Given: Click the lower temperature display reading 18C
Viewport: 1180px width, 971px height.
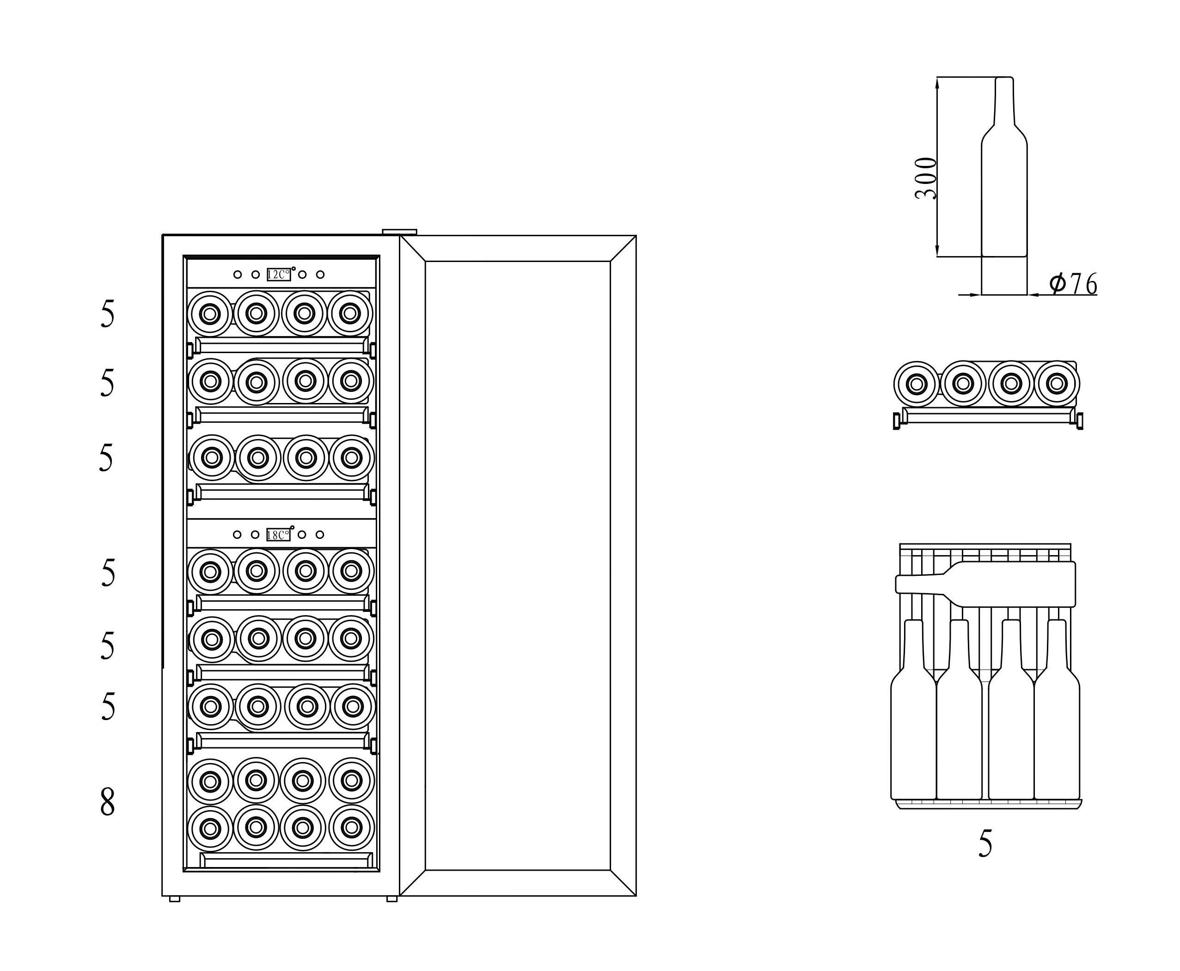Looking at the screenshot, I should (x=278, y=535).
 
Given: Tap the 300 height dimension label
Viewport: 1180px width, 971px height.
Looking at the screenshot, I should (x=925, y=178).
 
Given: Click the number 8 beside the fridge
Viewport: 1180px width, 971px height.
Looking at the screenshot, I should (x=107, y=802).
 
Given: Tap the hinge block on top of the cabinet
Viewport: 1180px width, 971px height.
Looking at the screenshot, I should (x=399, y=232).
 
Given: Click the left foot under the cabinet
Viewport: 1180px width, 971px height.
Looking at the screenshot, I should (x=175, y=899).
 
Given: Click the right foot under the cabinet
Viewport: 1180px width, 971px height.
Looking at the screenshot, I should (x=391, y=899).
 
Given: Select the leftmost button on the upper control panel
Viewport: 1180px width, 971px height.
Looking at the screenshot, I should (x=238, y=275).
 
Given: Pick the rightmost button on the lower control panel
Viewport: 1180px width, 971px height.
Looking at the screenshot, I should (x=320, y=535).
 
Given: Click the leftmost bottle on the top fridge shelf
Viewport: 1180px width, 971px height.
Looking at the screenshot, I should (x=210, y=314).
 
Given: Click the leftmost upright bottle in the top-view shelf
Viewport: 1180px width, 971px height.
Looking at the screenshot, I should (x=913, y=727).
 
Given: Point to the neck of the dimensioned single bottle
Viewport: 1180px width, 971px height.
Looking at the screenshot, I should (x=1004, y=101).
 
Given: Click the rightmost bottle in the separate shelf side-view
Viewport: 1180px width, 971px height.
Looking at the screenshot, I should (x=1057, y=384).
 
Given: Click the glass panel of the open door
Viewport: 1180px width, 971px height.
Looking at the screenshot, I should (x=517, y=565).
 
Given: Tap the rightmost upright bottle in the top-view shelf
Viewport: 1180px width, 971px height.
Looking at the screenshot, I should (x=1057, y=727).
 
